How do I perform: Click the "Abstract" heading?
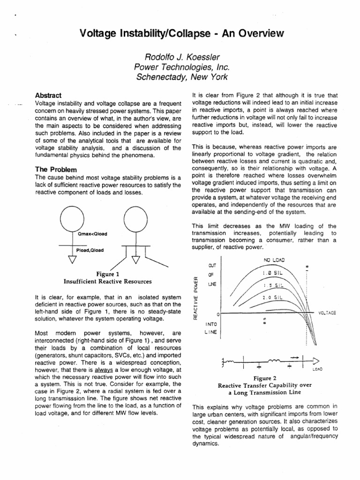click(49, 95)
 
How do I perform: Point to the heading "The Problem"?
click(56, 169)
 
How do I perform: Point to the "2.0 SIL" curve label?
click(272, 297)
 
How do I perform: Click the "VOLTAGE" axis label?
click(327, 312)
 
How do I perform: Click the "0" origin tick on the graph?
click(217, 313)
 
